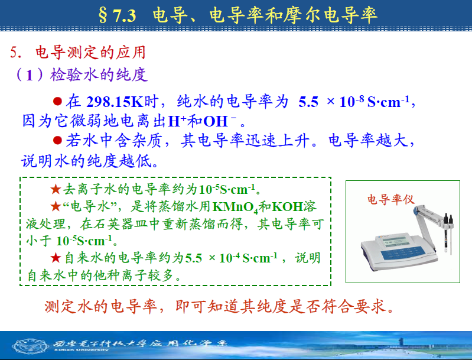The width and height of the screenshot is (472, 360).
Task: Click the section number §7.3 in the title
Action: click(118, 15)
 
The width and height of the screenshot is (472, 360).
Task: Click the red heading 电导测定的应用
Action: click(90, 53)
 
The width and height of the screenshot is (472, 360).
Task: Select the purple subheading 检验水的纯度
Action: click(99, 74)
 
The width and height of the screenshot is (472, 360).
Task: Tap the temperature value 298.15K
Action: click(115, 102)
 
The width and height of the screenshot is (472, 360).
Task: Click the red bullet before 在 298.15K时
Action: click(57, 101)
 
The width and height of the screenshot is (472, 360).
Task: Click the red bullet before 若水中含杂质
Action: click(57, 140)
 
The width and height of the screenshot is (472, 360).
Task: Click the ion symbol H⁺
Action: click(177, 121)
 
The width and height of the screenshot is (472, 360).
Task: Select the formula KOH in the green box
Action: click(287, 207)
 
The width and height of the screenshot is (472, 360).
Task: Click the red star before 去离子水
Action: click(56, 189)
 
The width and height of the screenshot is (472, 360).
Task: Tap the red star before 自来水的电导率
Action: click(56, 258)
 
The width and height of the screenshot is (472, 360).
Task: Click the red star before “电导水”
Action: click(56, 206)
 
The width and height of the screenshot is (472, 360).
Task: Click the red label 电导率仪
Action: click(390, 199)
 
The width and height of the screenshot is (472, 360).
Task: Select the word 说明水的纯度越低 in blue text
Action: click(90, 161)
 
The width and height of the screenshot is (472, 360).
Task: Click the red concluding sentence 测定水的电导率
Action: click(101, 306)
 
